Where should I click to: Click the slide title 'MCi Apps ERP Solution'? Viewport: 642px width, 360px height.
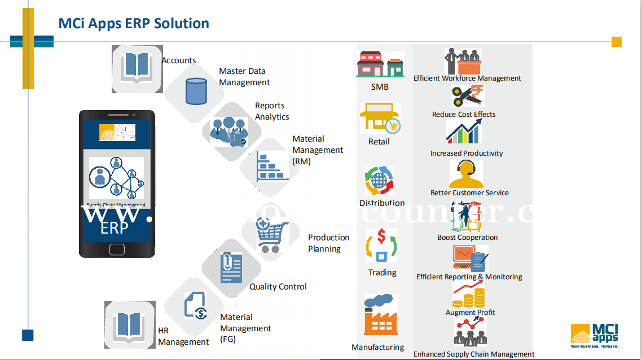pyautogui.click(x=134, y=24)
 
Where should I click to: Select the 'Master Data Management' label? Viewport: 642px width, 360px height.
pyautogui.click(x=244, y=77)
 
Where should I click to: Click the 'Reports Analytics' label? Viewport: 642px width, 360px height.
pyautogui.click(x=272, y=111)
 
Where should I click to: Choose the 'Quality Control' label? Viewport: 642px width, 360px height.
pyautogui.click(x=278, y=287)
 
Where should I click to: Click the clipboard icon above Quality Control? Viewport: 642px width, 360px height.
pyautogui.click(x=231, y=269)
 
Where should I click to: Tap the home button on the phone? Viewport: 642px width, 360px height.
pyautogui.click(x=117, y=249)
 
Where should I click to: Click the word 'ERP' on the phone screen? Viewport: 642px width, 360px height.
pyautogui.click(x=115, y=228)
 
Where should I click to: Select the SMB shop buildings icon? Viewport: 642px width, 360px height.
pyautogui.click(x=380, y=64)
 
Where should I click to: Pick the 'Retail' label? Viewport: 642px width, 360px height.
pyautogui.click(x=379, y=142)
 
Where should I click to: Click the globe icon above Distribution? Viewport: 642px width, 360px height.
pyautogui.click(x=380, y=181)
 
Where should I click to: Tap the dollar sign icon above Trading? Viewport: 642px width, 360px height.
pyautogui.click(x=381, y=245)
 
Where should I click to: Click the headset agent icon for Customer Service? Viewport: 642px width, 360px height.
pyautogui.click(x=466, y=174)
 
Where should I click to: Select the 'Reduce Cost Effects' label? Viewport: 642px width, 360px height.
pyautogui.click(x=464, y=115)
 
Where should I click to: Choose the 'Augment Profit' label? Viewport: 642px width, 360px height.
pyautogui.click(x=470, y=313)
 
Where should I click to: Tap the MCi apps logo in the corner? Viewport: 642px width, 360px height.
pyautogui.click(x=594, y=335)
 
